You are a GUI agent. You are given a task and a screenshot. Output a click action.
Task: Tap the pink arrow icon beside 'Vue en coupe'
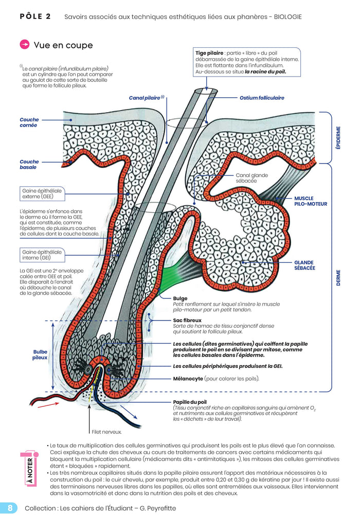point(24,45)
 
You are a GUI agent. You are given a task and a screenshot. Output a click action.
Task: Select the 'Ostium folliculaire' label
point(261,98)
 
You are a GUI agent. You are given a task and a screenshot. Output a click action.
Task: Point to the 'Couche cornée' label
point(29,122)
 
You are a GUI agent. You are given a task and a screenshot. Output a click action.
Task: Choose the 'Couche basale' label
point(29,165)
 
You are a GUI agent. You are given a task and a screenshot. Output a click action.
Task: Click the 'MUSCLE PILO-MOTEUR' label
point(310,201)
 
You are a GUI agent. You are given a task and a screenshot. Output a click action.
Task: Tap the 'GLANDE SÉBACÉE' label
point(304,265)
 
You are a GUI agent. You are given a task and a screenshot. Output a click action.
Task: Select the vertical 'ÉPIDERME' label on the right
point(338,137)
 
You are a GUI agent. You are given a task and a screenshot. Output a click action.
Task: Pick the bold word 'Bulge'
point(181,298)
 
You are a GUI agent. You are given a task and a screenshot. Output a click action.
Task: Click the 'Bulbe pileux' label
point(40,355)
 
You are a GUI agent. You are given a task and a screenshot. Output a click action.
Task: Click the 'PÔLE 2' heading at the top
point(35,16)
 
